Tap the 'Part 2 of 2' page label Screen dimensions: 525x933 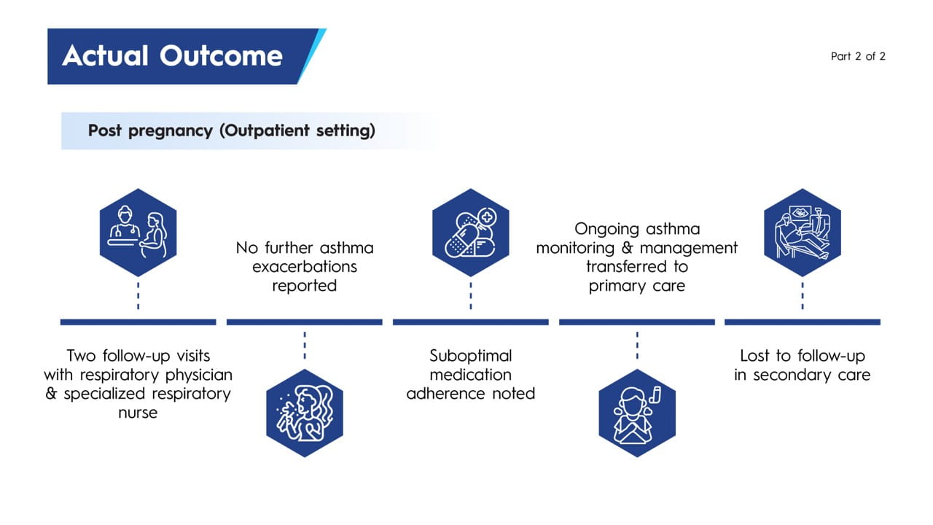[x=858, y=56]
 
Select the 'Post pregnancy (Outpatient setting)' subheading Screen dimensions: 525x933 [x=231, y=131]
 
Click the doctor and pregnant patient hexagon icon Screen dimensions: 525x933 [x=138, y=233]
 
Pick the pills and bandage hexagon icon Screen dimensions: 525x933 [x=470, y=233]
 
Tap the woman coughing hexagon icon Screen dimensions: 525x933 [x=304, y=413]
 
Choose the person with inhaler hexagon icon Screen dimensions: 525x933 [x=636, y=413]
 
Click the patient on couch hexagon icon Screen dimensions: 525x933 [x=802, y=233]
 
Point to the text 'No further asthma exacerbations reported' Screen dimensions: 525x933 [x=304, y=267]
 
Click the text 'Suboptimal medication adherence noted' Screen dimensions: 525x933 [x=470, y=375]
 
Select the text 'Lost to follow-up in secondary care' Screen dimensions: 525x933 [x=802, y=365]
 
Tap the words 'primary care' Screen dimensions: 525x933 [x=636, y=286]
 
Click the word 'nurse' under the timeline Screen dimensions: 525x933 [x=138, y=413]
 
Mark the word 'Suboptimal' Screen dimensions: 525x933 [x=470, y=356]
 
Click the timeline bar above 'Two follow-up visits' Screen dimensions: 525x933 [x=138, y=322]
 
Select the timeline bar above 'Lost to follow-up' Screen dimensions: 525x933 [x=802, y=322]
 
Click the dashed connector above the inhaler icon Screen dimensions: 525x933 [x=636, y=345]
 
